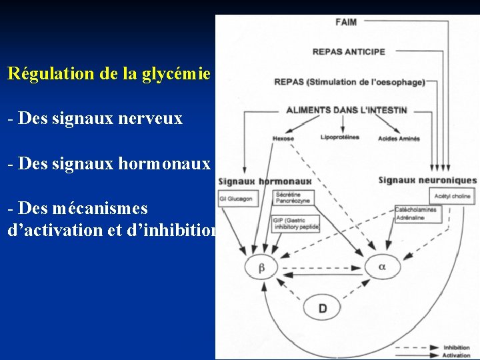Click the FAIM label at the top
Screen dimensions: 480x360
click(x=346, y=22)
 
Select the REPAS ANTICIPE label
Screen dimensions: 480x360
click(x=349, y=52)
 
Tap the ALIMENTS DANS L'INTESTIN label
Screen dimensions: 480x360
click(x=347, y=109)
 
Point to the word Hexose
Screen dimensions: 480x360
click(x=283, y=139)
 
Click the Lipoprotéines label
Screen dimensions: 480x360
click(x=340, y=137)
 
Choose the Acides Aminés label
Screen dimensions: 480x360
click(x=399, y=139)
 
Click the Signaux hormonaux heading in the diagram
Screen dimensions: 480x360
click(x=265, y=181)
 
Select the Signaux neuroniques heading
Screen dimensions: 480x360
click(x=427, y=180)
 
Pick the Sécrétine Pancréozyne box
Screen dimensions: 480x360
click(x=293, y=197)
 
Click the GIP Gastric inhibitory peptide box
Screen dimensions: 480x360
click(x=295, y=224)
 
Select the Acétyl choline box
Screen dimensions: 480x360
click(x=452, y=196)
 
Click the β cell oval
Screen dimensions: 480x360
click(x=262, y=268)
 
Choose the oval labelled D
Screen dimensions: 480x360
click(x=323, y=308)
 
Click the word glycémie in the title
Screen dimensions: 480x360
click(x=177, y=73)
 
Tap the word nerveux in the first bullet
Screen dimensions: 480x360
click(x=150, y=119)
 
